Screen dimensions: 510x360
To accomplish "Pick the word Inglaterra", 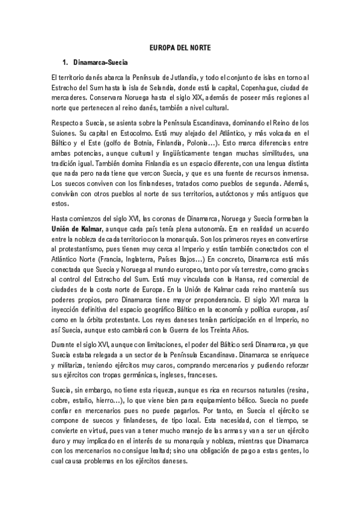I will coord(136,260).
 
